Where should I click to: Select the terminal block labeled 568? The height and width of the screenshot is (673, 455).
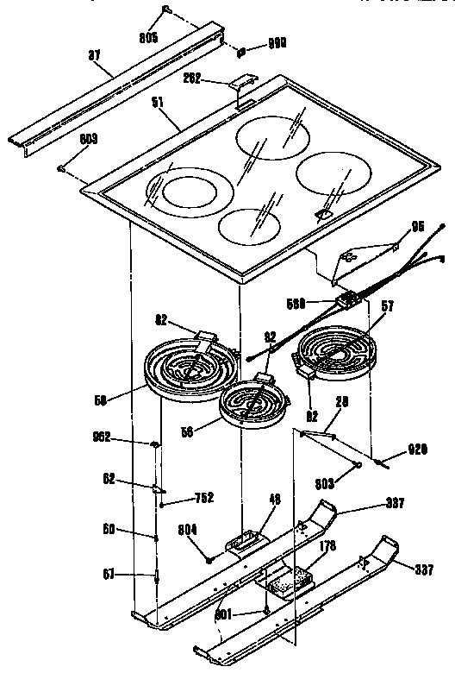pos(349,299)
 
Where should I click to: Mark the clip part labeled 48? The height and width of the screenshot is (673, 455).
pos(243,542)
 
